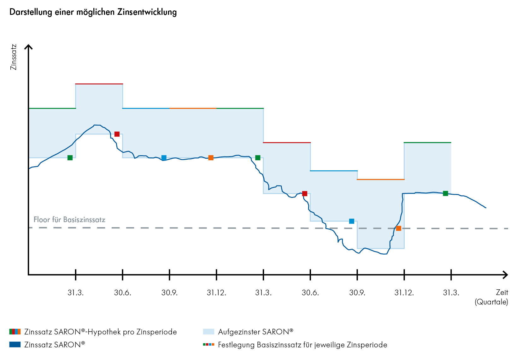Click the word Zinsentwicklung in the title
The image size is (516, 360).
pyautogui.click(x=147, y=12)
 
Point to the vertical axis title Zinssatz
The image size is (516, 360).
pyautogui.click(x=13, y=57)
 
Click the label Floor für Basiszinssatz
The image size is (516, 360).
pyautogui.click(x=69, y=220)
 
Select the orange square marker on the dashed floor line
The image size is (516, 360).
pyautogui.click(x=399, y=228)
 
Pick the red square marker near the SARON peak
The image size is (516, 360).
pyautogui.click(x=117, y=134)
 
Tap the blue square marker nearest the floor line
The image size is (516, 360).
pyautogui.click(x=352, y=221)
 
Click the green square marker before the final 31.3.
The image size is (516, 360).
pyautogui.click(x=445, y=193)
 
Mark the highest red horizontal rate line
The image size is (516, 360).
pyautogui.click(x=99, y=84)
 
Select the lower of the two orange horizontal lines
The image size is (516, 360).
pyautogui.click(x=381, y=180)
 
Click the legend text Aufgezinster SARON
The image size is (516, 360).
pyautogui.click(x=255, y=332)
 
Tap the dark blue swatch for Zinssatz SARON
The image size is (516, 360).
pyautogui.click(x=15, y=345)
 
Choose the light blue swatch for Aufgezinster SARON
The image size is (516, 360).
pyautogui.click(x=208, y=332)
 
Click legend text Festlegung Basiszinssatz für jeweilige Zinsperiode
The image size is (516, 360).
pyautogui.click(x=302, y=345)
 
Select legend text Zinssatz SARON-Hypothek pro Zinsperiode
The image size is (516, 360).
pyautogui.click(x=100, y=332)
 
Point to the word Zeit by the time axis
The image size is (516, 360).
pyautogui.click(x=502, y=292)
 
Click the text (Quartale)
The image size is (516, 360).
pyautogui.click(x=491, y=302)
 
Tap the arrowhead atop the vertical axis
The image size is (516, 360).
pyautogui.click(x=29, y=47)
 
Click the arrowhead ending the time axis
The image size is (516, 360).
pyautogui.click(x=506, y=275)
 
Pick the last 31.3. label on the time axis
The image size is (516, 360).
pyautogui.click(x=451, y=293)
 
